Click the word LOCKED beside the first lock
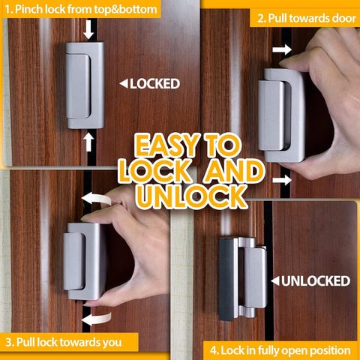tap(154, 83)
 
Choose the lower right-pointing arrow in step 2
tap(283, 179)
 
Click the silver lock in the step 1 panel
tap(84, 84)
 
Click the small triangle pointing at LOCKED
tap(124, 83)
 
